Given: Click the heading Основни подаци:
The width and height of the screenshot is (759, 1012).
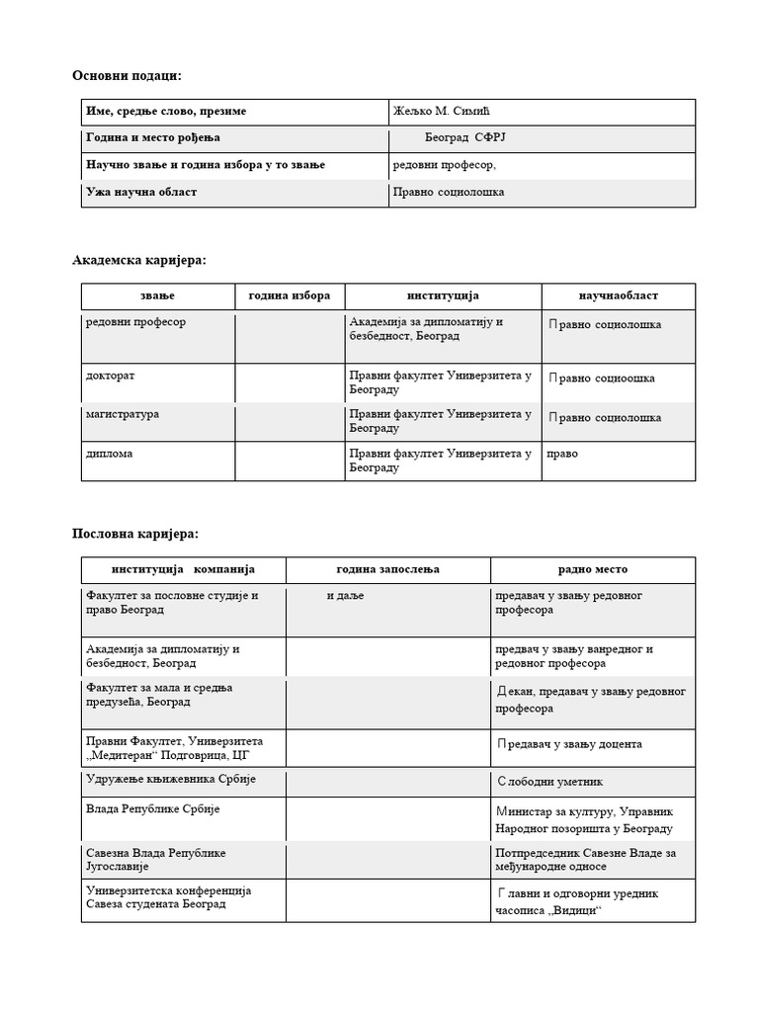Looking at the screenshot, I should (x=126, y=75).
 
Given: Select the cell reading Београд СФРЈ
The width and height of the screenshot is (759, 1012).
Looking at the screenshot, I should (x=458, y=138).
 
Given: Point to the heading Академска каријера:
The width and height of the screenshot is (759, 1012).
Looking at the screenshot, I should (x=139, y=260).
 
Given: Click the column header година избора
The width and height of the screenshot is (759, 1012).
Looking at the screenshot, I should (x=290, y=295).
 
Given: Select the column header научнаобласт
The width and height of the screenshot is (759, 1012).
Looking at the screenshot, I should (x=618, y=295).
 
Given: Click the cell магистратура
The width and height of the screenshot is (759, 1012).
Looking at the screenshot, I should (x=123, y=414).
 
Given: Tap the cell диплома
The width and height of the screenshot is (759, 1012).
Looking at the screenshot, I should (x=109, y=454).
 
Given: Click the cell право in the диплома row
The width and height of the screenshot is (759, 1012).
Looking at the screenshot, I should (x=562, y=454).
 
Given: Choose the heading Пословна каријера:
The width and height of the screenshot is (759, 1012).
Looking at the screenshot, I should (x=135, y=534).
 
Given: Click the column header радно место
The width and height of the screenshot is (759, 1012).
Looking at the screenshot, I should (x=592, y=569).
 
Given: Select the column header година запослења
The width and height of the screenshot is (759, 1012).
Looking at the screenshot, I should (x=388, y=569).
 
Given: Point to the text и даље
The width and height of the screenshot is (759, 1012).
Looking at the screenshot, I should (x=345, y=595).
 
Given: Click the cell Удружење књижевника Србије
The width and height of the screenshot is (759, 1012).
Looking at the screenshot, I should (x=171, y=780).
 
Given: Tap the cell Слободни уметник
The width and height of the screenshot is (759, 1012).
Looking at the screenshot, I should (x=549, y=782).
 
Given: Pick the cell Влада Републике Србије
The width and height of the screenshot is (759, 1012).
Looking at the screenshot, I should (x=153, y=809).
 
